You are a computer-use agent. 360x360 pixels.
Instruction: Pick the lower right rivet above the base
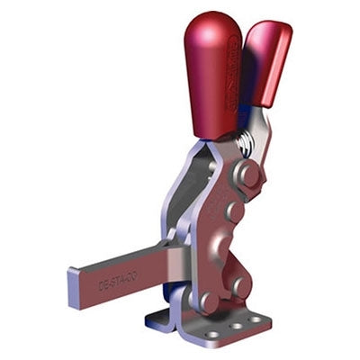pyautogui.click(x=240, y=285)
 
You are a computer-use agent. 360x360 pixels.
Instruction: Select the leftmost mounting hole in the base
pyautogui.click(x=212, y=334)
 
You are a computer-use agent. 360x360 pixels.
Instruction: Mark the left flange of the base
pyautogui.click(x=157, y=316)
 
